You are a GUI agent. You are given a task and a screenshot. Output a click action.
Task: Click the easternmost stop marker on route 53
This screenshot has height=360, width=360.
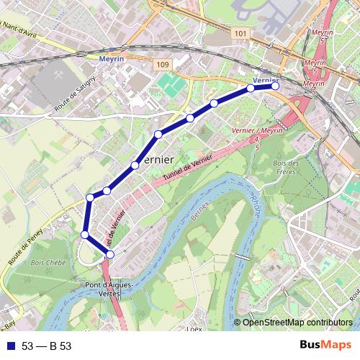pos(275,86)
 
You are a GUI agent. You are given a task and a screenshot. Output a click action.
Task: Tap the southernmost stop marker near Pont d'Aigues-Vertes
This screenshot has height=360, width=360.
pos(109,254)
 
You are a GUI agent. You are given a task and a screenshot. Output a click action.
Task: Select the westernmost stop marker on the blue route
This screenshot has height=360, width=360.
pos(84,235)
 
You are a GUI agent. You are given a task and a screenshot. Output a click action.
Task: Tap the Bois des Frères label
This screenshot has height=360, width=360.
pos(287,168)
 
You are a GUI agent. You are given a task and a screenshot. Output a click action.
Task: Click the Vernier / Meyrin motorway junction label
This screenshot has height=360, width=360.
pos(258,131)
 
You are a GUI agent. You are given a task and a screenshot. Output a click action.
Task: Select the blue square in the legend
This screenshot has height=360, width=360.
pos(10,346)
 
